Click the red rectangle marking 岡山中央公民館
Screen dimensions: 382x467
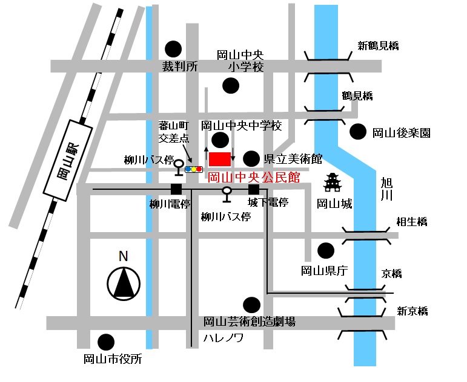click(220, 159)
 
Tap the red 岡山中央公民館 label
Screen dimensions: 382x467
click(254, 178)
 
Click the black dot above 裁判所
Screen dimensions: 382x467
click(174, 48)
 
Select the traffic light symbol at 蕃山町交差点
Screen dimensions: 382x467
click(194, 169)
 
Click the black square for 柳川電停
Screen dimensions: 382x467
click(176, 189)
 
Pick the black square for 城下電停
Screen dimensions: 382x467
click(254, 189)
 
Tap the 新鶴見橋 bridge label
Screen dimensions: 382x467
click(379, 45)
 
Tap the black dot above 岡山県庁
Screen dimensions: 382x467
click(326, 250)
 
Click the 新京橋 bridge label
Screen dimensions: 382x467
click(412, 311)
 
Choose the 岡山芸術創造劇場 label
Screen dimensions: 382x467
click(249, 322)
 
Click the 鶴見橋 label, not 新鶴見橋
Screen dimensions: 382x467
click(357, 95)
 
